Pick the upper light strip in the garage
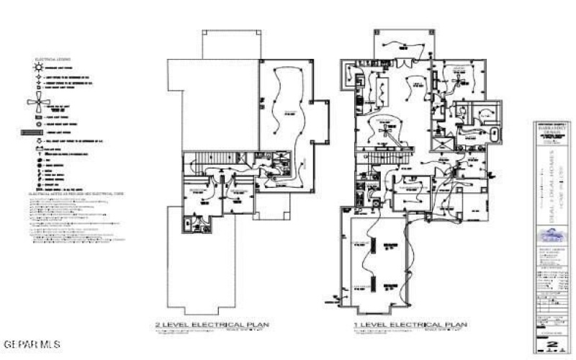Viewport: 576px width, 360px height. point(374,246)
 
